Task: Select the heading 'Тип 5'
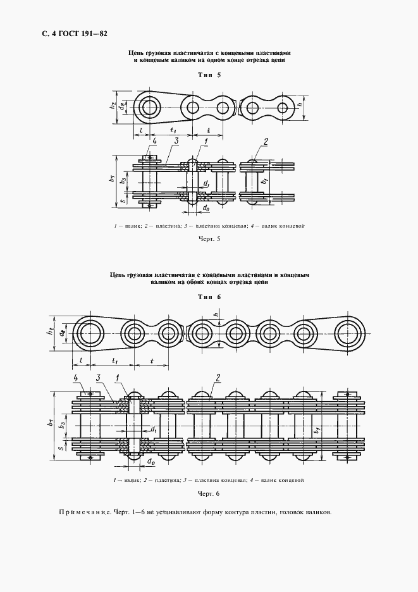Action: [209, 75]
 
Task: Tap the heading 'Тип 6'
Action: [209, 297]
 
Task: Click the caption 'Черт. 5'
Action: [209, 239]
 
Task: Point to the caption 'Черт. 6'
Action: [208, 493]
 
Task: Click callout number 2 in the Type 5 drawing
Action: [266, 141]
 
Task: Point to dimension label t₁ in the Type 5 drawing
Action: [172, 130]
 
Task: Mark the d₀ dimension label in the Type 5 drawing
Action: [206, 207]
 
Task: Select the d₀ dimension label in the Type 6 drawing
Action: [151, 462]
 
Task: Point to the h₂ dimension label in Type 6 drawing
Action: [51, 333]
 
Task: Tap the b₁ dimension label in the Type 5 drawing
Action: [264, 182]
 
